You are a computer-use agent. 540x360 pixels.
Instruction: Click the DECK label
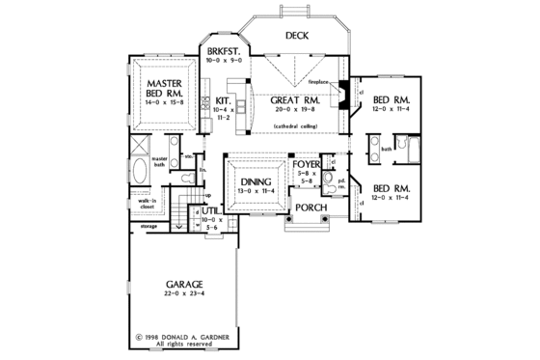pyautogui.click(x=296, y=36)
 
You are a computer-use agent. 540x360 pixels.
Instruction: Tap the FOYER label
pyautogui.click(x=307, y=166)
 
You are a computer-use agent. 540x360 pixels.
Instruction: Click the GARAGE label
pyautogui.click(x=183, y=284)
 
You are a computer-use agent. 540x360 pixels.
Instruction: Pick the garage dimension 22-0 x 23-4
pyautogui.click(x=183, y=295)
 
